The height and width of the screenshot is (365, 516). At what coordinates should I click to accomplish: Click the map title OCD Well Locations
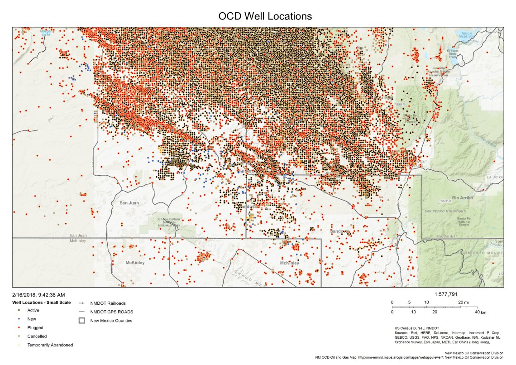click(265, 16)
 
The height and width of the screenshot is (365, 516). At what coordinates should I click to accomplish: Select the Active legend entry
click(33, 310)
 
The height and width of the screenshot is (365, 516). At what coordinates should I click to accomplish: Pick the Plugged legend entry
click(35, 327)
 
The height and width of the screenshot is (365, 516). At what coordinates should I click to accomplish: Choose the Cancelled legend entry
click(37, 336)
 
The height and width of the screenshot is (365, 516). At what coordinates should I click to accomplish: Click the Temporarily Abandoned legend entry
click(50, 345)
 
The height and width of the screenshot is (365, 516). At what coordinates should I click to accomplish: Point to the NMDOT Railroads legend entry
click(108, 303)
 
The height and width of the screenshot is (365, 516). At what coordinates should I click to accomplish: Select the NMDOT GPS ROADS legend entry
click(111, 312)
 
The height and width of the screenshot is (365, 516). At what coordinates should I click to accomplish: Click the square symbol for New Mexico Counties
click(82, 321)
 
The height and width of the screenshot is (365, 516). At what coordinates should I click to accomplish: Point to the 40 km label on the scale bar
click(479, 312)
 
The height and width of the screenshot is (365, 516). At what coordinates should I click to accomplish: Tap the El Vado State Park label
click(452, 53)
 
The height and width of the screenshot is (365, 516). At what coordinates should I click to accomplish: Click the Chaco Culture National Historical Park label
click(169, 222)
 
